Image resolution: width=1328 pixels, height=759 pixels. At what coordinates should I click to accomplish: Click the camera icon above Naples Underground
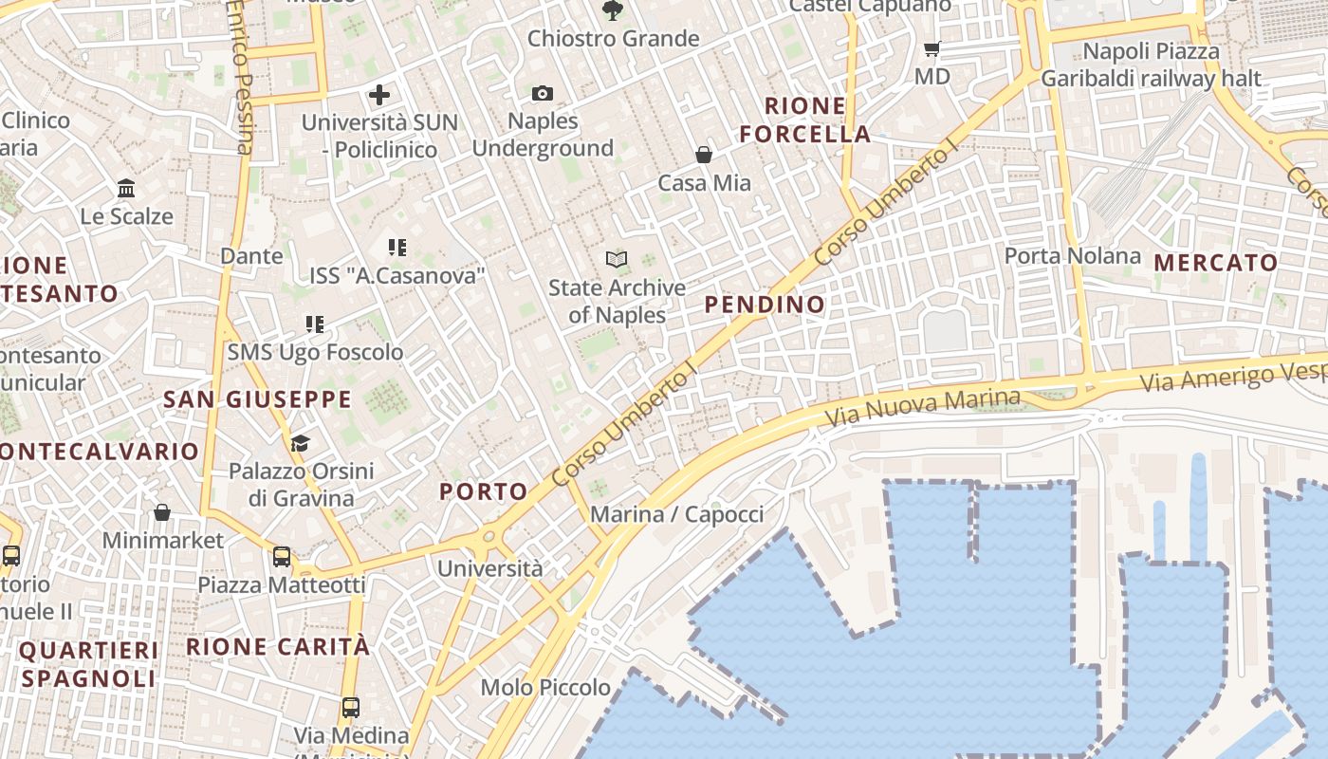(543, 93)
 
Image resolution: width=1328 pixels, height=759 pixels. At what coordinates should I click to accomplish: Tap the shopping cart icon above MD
(931, 48)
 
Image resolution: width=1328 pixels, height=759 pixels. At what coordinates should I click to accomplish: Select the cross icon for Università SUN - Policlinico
(379, 95)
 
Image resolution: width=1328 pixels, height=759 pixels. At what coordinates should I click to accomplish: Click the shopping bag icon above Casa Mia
(704, 155)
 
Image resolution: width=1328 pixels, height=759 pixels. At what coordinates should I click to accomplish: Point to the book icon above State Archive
(617, 259)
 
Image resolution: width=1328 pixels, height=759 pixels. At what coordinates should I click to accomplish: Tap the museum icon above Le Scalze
(126, 188)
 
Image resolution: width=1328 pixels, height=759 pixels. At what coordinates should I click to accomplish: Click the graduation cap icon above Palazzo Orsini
(300, 443)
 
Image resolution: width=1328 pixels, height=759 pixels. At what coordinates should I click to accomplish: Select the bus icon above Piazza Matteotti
(282, 557)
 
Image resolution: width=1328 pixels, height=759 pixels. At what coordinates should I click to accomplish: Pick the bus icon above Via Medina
(351, 707)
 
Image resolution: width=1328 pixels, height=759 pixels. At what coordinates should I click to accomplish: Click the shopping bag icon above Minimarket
(162, 512)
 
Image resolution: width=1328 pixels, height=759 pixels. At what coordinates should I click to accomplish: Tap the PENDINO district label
(765, 305)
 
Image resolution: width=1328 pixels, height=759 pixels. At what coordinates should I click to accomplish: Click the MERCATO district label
(1216, 263)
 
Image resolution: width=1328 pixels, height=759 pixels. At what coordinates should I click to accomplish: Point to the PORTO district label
(484, 491)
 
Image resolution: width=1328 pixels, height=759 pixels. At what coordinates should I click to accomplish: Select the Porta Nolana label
(1072, 255)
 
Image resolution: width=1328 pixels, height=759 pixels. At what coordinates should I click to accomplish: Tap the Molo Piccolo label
(545, 687)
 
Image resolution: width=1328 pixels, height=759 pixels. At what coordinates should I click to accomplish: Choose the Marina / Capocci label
(676, 514)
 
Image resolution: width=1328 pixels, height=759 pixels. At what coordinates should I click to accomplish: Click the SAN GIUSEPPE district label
(257, 399)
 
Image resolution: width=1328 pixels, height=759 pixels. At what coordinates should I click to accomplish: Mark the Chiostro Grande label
(613, 39)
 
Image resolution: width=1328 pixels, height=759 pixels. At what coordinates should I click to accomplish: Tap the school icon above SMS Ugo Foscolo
(315, 324)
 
